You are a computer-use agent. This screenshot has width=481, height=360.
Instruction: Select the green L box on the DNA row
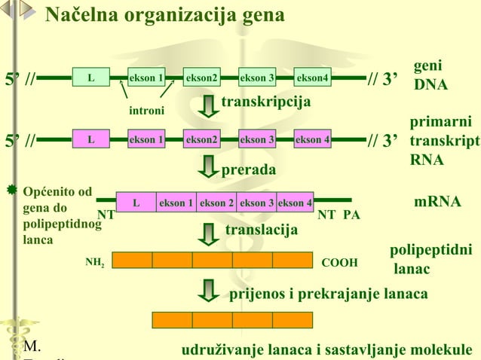(x=90, y=77)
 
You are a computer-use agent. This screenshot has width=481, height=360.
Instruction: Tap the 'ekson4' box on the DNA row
(x=312, y=77)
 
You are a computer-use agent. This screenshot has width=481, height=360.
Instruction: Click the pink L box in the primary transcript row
(x=90, y=139)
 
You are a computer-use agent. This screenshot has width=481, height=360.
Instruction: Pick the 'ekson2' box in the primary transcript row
(x=202, y=139)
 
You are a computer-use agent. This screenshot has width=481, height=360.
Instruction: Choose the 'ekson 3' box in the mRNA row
(x=256, y=203)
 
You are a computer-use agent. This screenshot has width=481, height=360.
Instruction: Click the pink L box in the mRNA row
(x=136, y=203)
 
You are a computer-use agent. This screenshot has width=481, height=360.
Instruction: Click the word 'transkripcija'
(x=266, y=101)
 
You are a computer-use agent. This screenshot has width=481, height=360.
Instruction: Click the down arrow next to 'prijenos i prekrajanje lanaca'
(x=208, y=291)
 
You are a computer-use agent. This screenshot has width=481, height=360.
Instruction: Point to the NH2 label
(x=95, y=263)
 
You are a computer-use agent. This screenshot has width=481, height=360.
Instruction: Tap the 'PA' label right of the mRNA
(x=351, y=215)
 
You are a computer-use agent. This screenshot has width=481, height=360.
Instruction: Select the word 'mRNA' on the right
(x=437, y=202)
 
